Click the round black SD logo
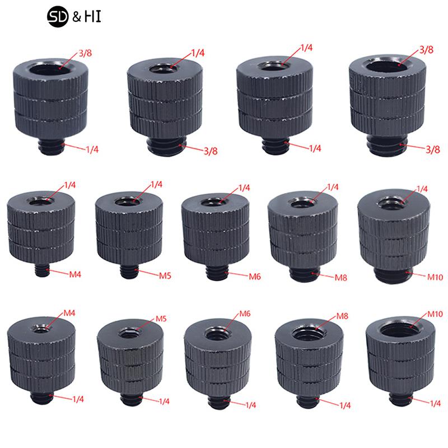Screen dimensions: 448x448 click(58, 17)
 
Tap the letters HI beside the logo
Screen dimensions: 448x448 click(92, 17)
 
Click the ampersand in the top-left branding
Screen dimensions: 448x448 click(77, 17)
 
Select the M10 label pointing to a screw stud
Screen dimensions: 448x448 click(435, 277)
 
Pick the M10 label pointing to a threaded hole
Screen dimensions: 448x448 click(435, 314)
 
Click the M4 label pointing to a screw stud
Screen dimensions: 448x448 click(75, 274)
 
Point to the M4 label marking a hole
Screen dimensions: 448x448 click(69, 313)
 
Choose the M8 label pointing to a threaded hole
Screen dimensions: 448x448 click(342, 316)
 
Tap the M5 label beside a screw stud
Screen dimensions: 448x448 click(165, 276)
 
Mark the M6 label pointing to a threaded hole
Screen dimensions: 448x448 click(245, 314)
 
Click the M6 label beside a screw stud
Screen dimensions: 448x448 click(255, 277)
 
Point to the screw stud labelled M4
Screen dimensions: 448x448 click(43, 270)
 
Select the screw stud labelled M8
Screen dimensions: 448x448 click(305, 274)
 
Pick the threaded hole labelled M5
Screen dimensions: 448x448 click(130, 333)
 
